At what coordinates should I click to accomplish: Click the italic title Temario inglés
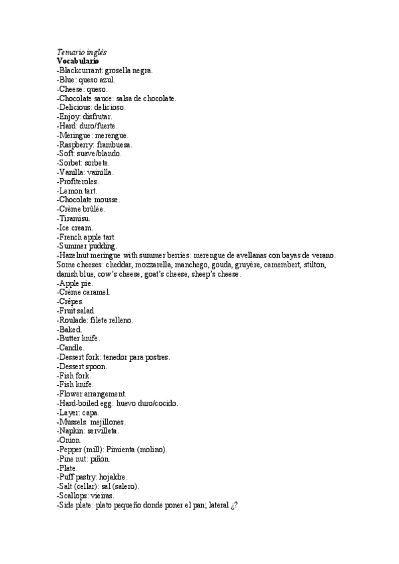tap(83, 52)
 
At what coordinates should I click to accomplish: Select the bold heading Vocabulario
tap(78, 61)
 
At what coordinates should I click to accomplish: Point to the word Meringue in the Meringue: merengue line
tap(79, 135)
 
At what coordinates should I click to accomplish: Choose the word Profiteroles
tap(79, 181)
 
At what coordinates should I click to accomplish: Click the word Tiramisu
tap(75, 218)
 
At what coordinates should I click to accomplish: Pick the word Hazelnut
tap(75, 255)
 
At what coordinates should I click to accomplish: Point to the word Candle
tap(71, 348)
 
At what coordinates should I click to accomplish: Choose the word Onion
tap(70, 440)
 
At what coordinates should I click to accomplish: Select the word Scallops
tap(75, 495)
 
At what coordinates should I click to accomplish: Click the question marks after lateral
tap(234, 505)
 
